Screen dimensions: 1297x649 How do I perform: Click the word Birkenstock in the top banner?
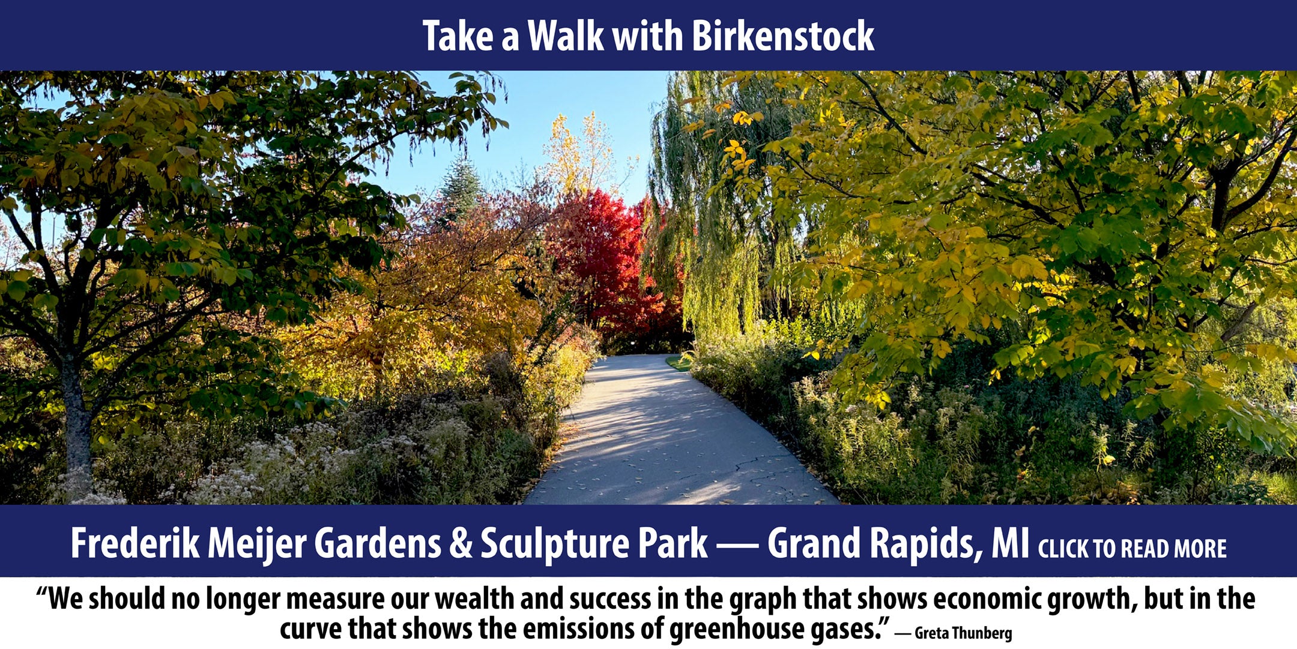click(783, 36)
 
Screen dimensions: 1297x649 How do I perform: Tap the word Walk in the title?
click(566, 36)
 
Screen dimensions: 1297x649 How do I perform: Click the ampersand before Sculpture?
click(461, 544)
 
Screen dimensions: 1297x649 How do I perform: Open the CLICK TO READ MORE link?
click(1132, 549)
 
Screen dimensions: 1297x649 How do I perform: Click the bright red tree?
click(606, 258)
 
